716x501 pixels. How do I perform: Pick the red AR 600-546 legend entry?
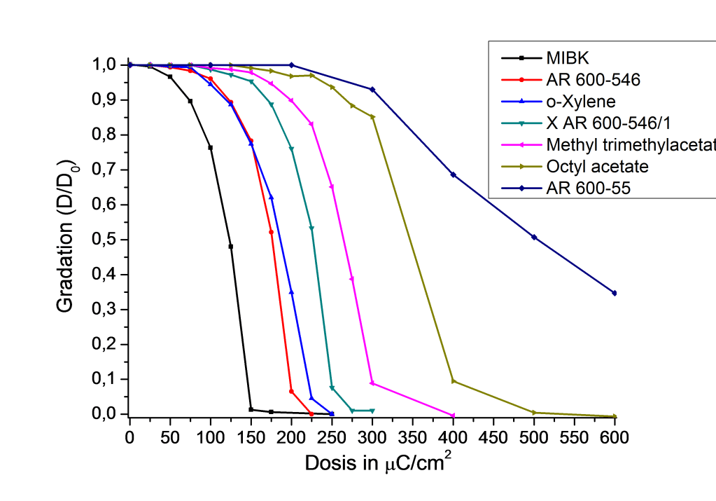click(x=593, y=80)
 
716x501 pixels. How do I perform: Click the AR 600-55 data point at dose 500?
click(x=534, y=238)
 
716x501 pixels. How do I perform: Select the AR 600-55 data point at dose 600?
click(x=615, y=293)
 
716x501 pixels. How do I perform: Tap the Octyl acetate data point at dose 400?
click(x=454, y=381)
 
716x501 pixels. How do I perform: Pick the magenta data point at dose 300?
click(x=372, y=383)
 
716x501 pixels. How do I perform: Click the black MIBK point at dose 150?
click(x=251, y=409)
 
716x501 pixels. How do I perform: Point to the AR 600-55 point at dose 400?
click(x=453, y=174)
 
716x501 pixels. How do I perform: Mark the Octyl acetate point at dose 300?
click(x=372, y=116)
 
